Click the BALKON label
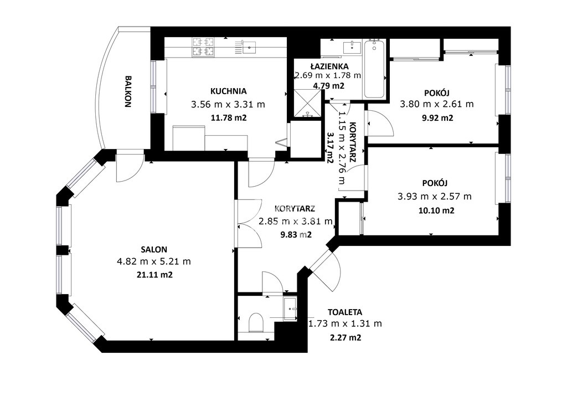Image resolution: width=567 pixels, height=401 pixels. [x=128, y=91]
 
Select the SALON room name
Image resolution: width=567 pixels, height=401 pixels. [x=154, y=249]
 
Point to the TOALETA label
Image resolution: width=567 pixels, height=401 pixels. [x=345, y=312]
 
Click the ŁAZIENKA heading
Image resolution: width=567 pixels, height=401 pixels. [x=329, y=66]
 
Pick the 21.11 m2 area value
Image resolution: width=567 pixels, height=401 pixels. [x=155, y=275]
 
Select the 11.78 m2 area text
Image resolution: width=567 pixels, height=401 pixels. [x=229, y=117]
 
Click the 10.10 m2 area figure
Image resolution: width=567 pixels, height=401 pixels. [x=436, y=210]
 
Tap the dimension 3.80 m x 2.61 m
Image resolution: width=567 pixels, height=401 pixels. [x=437, y=104]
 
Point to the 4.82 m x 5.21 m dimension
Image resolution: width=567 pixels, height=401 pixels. [x=154, y=261]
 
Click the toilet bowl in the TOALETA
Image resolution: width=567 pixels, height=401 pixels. [x=256, y=322]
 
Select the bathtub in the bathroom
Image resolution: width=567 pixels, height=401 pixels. [x=374, y=69]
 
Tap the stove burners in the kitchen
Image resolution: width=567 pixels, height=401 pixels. [x=203, y=48]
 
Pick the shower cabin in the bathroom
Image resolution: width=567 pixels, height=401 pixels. [x=307, y=104]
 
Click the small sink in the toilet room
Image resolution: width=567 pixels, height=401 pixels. [x=290, y=309]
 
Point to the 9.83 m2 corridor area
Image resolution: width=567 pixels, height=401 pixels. [x=296, y=235]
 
